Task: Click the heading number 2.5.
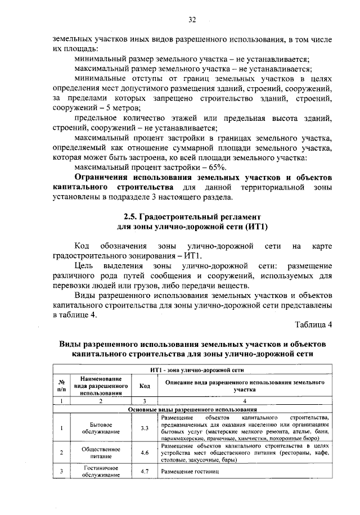click(130, 216)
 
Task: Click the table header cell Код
click(144, 386)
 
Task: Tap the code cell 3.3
click(144, 428)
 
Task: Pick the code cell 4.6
click(144, 452)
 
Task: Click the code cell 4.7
click(144, 471)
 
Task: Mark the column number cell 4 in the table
click(245, 401)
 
